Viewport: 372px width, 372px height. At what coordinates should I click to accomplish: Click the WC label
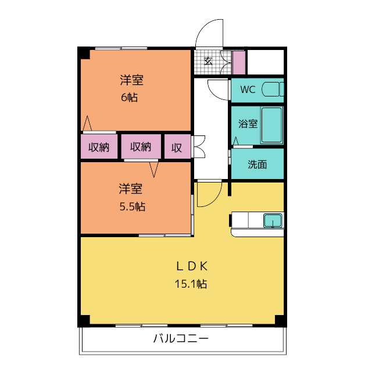(x=248, y=90)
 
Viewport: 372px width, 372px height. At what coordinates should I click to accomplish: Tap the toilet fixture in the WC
(x=273, y=89)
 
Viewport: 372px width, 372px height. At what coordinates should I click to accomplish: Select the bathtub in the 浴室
(x=271, y=125)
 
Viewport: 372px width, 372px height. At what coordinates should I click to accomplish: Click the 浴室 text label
(x=248, y=124)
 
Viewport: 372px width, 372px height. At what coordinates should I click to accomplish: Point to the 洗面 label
(x=257, y=164)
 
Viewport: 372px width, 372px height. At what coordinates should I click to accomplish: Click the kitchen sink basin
(x=273, y=220)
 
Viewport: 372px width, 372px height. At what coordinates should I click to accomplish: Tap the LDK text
(x=192, y=266)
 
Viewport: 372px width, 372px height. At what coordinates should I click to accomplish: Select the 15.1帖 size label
(x=191, y=284)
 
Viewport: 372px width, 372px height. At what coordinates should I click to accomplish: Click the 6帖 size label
(x=129, y=97)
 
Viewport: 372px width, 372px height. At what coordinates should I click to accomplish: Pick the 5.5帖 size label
(x=133, y=207)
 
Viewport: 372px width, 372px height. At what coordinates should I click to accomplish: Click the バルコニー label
(x=181, y=338)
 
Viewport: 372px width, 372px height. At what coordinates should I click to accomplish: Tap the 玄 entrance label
(x=208, y=62)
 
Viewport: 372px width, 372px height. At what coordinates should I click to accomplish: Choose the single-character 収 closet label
(x=177, y=148)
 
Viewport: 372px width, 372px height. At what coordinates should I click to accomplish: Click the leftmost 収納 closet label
(x=99, y=147)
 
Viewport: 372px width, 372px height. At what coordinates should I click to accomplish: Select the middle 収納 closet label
(x=141, y=147)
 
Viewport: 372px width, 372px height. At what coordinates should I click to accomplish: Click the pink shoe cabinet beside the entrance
(x=239, y=63)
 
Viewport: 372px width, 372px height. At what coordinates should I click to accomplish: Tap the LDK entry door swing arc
(x=215, y=199)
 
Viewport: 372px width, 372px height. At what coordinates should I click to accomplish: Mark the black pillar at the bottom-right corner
(x=280, y=320)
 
